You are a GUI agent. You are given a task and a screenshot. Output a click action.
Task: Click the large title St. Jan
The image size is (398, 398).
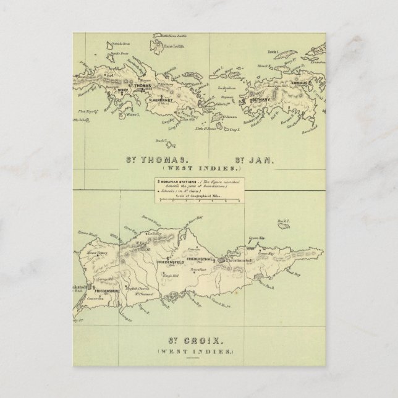pos(255,159)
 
